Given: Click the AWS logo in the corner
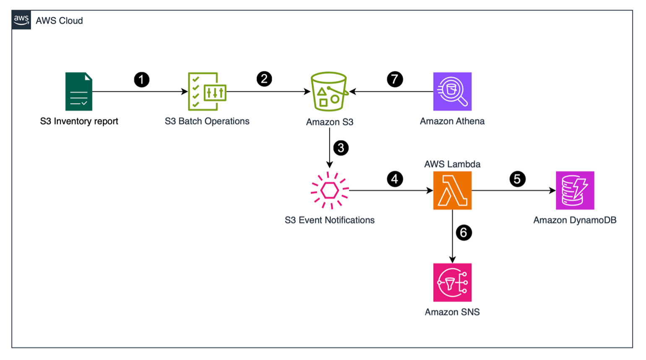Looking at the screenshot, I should pyautogui.click(x=21, y=20).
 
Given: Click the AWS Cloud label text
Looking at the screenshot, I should pyautogui.click(x=59, y=21).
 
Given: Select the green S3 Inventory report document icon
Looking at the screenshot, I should pyautogui.click(x=79, y=91).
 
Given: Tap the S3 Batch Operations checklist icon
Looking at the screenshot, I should pyautogui.click(x=207, y=91).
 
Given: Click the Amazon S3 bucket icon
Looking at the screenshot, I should pyautogui.click(x=329, y=91).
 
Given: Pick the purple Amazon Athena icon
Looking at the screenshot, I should pyautogui.click(x=452, y=91).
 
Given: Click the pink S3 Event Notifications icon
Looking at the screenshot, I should pyautogui.click(x=330, y=190).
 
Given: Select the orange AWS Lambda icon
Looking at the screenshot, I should pyautogui.click(x=452, y=190).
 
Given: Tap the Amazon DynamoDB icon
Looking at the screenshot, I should pyautogui.click(x=575, y=190).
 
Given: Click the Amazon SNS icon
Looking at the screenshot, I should pyautogui.click(x=452, y=282).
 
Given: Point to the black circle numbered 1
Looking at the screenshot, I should pyautogui.click(x=142, y=79).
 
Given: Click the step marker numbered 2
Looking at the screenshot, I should pyautogui.click(x=264, y=79).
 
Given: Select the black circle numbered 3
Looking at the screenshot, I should pyautogui.click(x=341, y=148).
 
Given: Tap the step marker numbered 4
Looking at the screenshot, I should pyautogui.click(x=395, y=179).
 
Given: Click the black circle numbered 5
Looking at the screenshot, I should pyautogui.click(x=518, y=179).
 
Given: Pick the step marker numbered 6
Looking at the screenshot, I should pyautogui.click(x=464, y=232).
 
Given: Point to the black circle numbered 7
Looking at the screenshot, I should pyautogui.click(x=395, y=79).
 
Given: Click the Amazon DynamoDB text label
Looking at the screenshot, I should pyautogui.click(x=575, y=220).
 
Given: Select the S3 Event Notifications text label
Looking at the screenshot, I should pyautogui.click(x=330, y=220).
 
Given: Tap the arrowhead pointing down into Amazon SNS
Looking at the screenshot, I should pyautogui.click(x=452, y=260).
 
